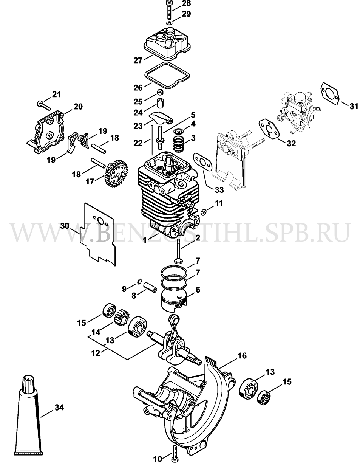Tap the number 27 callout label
coord(138,60)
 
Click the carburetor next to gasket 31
coord(297,112)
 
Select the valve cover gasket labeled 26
coord(167,75)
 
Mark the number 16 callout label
coord(243,355)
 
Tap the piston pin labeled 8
coord(150,287)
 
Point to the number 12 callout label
coord(96,353)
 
